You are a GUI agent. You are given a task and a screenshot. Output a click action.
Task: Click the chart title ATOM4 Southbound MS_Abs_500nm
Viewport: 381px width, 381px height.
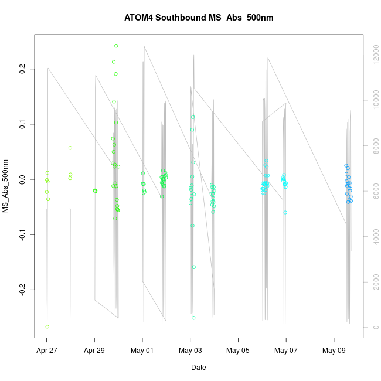[x=199, y=18]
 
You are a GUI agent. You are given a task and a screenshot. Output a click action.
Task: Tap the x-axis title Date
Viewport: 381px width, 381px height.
[x=198, y=368]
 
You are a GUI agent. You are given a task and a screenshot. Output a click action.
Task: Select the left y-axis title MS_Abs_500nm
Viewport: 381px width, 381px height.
[x=6, y=186]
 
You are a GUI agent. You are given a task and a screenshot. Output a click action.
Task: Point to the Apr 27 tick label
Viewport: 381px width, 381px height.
[x=47, y=351]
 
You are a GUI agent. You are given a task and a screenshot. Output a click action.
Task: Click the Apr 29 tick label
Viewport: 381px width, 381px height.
[x=95, y=351]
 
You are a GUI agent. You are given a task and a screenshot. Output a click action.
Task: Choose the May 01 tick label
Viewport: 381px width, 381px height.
[x=142, y=351]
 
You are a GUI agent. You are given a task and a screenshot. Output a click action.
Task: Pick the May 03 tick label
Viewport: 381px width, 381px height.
[x=190, y=351]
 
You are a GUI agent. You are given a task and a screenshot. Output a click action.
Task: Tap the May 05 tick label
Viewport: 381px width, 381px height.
[x=238, y=351]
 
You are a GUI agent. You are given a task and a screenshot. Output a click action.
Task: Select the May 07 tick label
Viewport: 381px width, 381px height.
[x=286, y=351]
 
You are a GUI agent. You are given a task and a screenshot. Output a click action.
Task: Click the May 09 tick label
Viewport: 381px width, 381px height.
[x=334, y=351]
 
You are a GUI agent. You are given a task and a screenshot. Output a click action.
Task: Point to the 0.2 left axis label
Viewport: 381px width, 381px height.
[x=23, y=69]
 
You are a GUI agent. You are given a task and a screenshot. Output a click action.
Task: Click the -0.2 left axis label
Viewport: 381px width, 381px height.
[x=23, y=290]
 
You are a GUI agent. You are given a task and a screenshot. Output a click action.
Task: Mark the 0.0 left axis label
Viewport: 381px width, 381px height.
[x=23, y=179]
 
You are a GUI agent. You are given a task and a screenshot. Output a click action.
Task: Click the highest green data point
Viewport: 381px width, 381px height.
[x=116, y=46]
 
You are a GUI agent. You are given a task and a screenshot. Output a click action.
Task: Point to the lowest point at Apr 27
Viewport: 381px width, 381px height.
[x=47, y=326]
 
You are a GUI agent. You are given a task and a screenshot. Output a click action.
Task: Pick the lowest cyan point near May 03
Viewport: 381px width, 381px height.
[x=193, y=318]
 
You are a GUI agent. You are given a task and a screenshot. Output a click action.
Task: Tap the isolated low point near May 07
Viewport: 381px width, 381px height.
[x=285, y=212]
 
